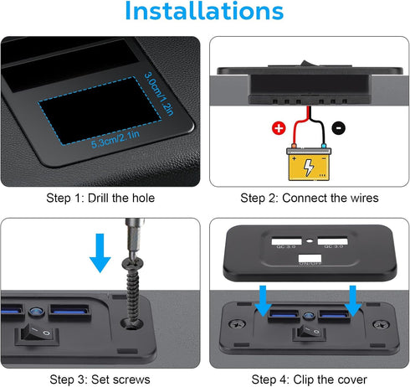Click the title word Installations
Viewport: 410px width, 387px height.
[x=204, y=13]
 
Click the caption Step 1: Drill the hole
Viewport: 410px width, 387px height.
[x=100, y=198]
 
